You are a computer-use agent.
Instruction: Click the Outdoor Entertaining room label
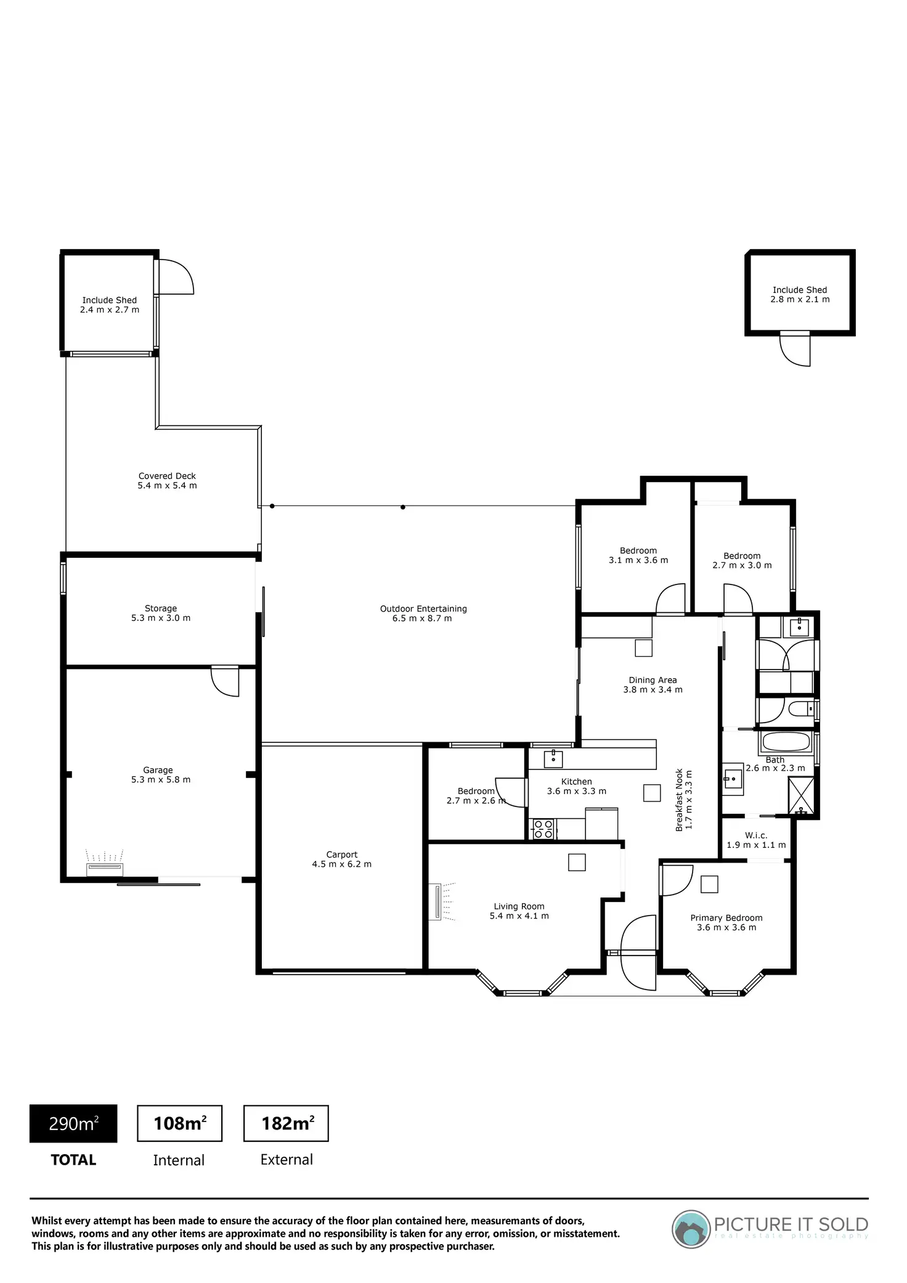click(423, 613)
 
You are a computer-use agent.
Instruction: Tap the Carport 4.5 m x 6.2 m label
click(341, 859)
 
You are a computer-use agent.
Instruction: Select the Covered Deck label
click(167, 481)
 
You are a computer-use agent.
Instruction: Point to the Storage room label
click(161, 613)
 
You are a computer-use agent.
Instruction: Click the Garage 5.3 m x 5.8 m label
click(158, 775)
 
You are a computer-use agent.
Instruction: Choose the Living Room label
click(519, 911)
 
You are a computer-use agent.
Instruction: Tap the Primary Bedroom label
click(726, 922)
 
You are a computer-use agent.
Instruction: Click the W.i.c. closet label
click(756, 840)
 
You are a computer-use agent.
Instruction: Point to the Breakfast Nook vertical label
click(684, 800)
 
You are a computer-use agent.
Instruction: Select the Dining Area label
click(653, 685)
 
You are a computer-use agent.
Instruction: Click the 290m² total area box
click(73, 1123)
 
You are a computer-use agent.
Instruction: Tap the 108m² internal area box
click(179, 1123)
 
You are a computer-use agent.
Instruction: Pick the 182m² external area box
click(287, 1123)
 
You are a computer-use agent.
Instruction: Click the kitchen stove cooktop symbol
click(542, 829)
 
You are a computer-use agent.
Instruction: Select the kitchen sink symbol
click(553, 759)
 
